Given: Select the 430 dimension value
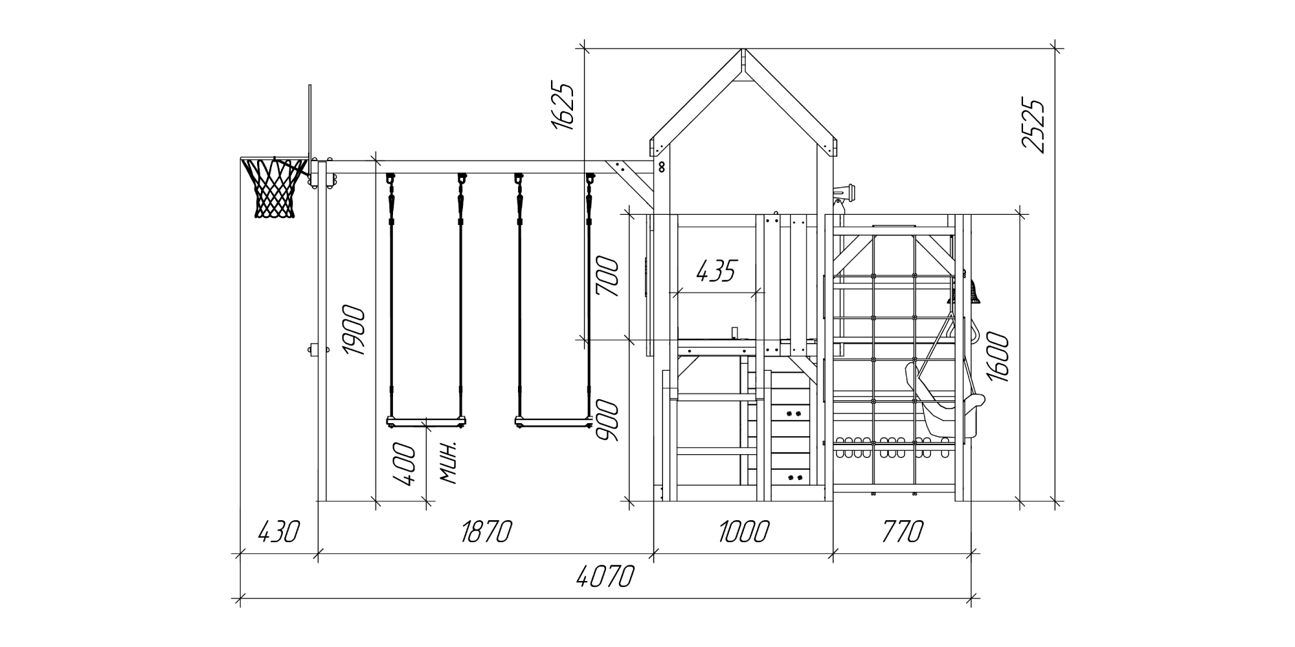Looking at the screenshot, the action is point(279,532).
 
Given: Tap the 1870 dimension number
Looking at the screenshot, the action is point(486,532).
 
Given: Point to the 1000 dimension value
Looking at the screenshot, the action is point(744,532).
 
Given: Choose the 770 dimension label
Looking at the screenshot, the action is point(903,532).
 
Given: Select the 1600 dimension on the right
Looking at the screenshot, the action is point(997,357).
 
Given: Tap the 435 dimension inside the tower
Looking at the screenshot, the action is point(717,271).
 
